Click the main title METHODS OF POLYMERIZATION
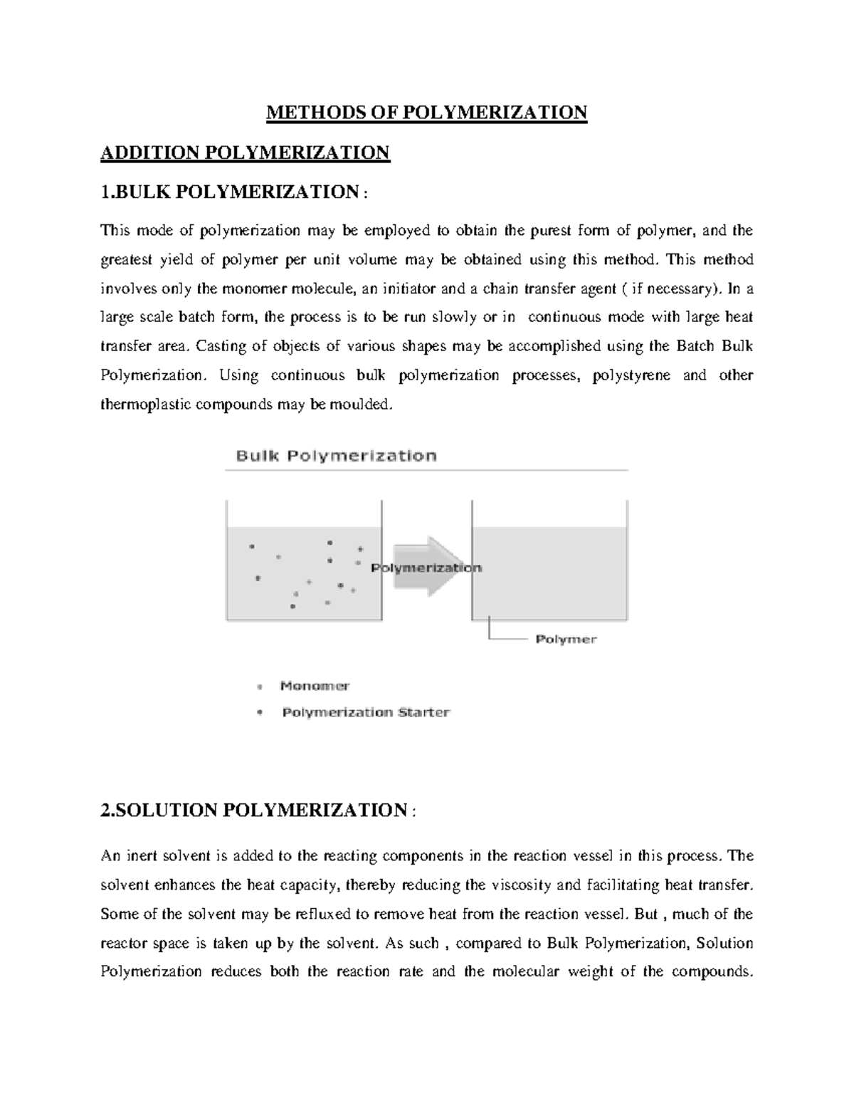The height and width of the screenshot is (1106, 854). coord(426,113)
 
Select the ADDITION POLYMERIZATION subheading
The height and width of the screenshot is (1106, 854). coord(246,152)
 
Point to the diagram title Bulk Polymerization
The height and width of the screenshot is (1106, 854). coord(336,456)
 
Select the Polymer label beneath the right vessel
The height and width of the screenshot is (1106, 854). coord(566,640)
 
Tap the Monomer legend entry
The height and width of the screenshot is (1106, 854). coord(315,687)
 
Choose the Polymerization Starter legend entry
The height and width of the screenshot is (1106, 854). coord(366,712)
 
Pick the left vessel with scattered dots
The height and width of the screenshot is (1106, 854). coord(304,570)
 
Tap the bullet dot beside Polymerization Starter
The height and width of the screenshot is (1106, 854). coord(259,712)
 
